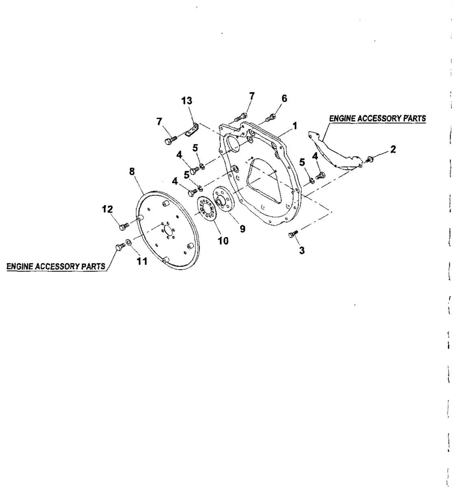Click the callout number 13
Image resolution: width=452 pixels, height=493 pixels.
pos(187,101)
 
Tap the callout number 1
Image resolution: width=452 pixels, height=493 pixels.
pos(295,126)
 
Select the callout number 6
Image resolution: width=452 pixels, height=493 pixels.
pos(284,98)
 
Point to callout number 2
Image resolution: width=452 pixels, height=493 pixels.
pos(393,149)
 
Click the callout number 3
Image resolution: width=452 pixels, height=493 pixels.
pos(302,250)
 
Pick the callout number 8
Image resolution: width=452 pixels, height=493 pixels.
pos(132,171)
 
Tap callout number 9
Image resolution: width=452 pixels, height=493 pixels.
pos(243,229)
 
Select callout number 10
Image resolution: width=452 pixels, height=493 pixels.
pos(223,240)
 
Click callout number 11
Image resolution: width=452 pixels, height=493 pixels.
pos(142,261)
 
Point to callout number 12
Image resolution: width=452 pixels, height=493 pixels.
pos(107,209)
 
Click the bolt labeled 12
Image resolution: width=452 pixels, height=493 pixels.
pos(124,226)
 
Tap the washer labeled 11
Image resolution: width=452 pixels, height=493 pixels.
pos(128,243)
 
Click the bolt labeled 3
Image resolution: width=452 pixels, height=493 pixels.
pos(293,234)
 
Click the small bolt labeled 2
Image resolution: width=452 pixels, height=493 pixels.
pos(369,159)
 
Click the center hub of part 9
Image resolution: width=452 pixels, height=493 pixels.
pos(219,201)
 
